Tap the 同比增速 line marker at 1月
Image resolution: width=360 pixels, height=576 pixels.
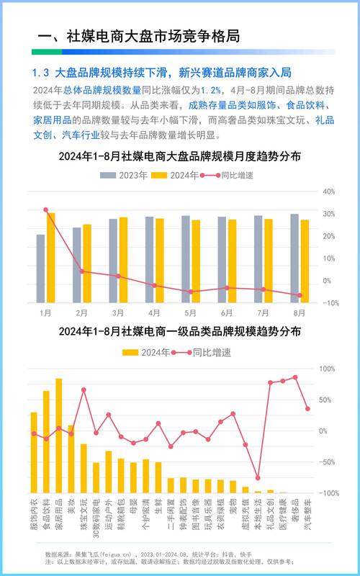coord(46,210)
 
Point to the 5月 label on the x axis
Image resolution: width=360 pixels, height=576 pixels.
coord(191,313)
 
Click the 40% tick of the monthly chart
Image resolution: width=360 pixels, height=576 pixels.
coord(330,192)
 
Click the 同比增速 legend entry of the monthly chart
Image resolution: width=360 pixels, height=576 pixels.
coord(226,175)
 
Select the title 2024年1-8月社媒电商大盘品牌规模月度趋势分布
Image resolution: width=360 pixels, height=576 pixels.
coord(179,156)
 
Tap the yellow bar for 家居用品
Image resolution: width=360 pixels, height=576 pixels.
coord(58,436)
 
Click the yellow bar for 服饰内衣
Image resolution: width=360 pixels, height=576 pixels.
coord(33,452)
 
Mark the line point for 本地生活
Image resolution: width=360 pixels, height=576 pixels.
coord(258,478)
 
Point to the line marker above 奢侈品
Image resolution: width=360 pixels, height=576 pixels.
coord(294,377)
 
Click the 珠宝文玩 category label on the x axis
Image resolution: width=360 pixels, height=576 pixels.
coord(84,516)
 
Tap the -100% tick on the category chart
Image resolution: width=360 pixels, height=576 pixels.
coord(328,493)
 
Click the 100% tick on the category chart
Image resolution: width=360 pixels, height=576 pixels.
coord(328,369)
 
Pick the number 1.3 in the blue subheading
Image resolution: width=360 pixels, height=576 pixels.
coord(40,73)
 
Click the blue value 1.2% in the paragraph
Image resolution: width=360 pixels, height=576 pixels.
coord(210,90)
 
